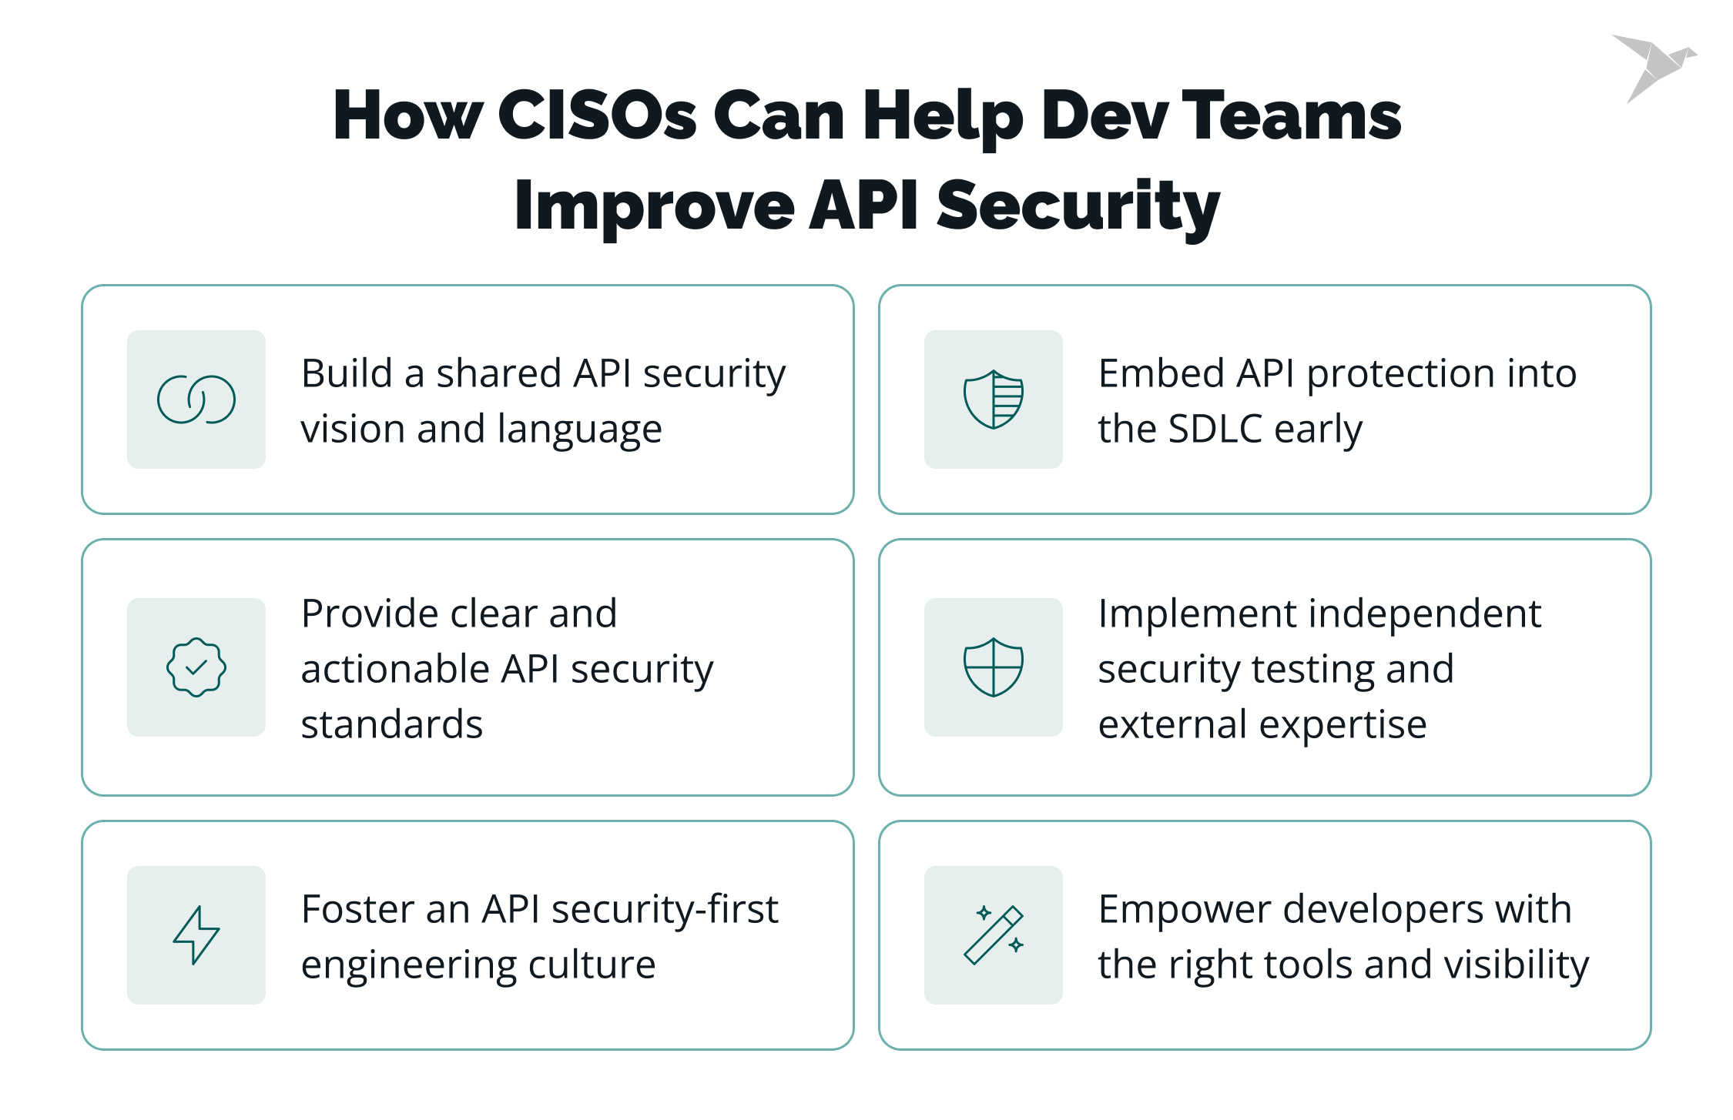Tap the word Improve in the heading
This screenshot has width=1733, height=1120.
coord(654,206)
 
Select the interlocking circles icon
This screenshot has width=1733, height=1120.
coord(196,400)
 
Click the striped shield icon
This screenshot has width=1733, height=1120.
coord(994,400)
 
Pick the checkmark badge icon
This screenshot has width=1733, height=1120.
coord(196,667)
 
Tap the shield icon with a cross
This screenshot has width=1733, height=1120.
coord(994,667)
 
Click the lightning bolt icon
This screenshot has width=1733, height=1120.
coord(196,935)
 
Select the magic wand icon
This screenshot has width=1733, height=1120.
coord(994,935)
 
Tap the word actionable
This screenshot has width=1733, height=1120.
coord(394,669)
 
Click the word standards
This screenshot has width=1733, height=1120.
coord(391,724)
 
